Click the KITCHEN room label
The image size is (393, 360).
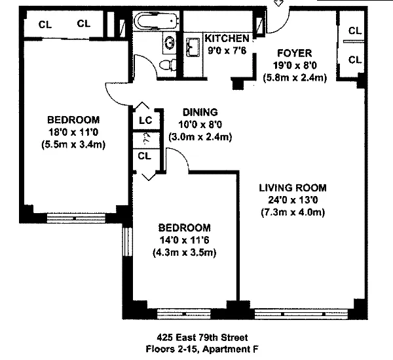[227, 37]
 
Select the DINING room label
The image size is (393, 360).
[200, 112]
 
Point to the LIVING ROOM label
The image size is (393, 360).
[292, 188]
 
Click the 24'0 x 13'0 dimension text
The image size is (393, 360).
[292, 200]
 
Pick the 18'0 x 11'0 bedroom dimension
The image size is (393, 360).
[73, 132]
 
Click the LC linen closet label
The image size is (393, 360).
[145, 120]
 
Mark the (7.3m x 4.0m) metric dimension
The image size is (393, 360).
[292, 212]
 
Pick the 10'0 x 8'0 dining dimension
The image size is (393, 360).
[200, 125]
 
